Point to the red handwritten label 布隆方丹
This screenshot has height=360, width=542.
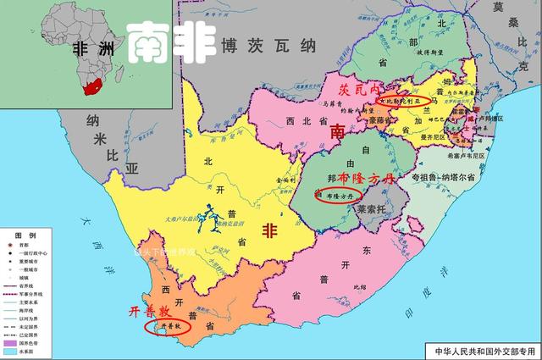coord(366,180)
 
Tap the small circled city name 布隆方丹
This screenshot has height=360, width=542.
coord(336,194)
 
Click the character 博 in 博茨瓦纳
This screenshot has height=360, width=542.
coord(229,46)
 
